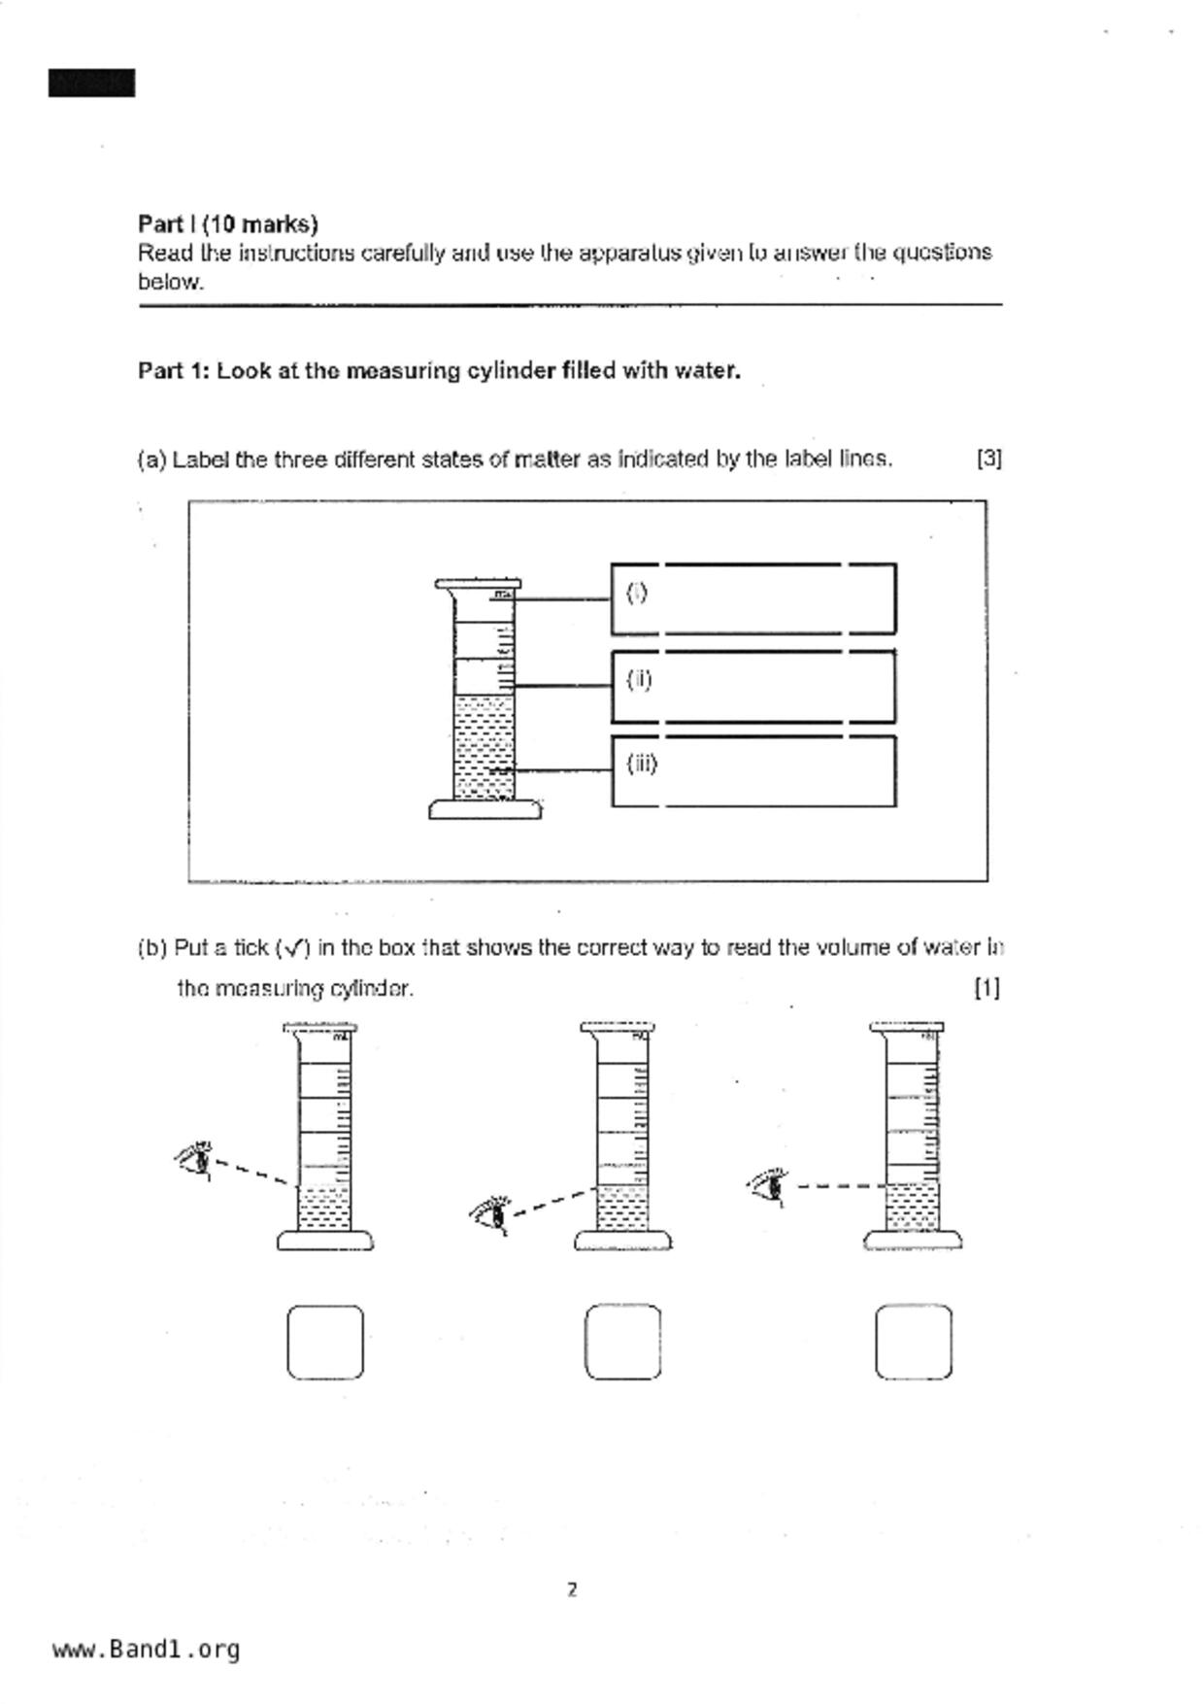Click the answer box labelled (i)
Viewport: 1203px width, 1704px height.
[x=753, y=598]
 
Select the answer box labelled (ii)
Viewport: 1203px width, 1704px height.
[x=753, y=686]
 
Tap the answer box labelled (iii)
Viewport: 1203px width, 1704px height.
[x=753, y=771]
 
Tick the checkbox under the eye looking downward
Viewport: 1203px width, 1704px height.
[x=325, y=1342]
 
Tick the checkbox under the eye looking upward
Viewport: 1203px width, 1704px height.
[x=622, y=1342]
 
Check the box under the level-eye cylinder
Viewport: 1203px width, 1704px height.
[x=913, y=1342]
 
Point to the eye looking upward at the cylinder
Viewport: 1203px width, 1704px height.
[x=491, y=1213]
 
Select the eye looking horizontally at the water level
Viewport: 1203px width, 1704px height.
[x=769, y=1186]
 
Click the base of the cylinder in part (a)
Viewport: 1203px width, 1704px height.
[x=485, y=809]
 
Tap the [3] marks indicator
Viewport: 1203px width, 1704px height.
[x=988, y=459]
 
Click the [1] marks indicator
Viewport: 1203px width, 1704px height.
[x=986, y=988]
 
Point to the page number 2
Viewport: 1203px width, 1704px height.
[x=572, y=1590]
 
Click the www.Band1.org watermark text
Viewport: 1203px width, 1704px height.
[x=146, y=1650]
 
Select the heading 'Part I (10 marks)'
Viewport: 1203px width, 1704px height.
[x=228, y=224]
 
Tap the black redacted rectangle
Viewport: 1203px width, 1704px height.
[x=91, y=84]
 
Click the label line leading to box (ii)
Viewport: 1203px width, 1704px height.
[x=562, y=686]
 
